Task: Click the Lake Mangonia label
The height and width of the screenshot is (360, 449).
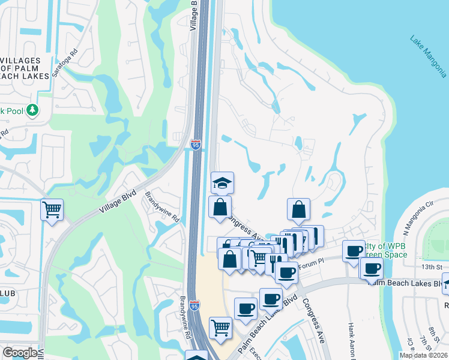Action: [x=428, y=56]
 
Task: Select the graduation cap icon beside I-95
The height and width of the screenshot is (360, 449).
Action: [x=222, y=182]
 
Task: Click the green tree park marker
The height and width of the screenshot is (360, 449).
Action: [x=32, y=110]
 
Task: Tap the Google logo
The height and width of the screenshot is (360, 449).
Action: [x=20, y=353]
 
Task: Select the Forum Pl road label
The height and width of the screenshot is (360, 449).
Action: [x=312, y=262]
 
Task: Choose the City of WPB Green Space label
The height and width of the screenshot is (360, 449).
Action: [x=384, y=250]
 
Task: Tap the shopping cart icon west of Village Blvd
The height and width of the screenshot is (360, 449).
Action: [x=52, y=210]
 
